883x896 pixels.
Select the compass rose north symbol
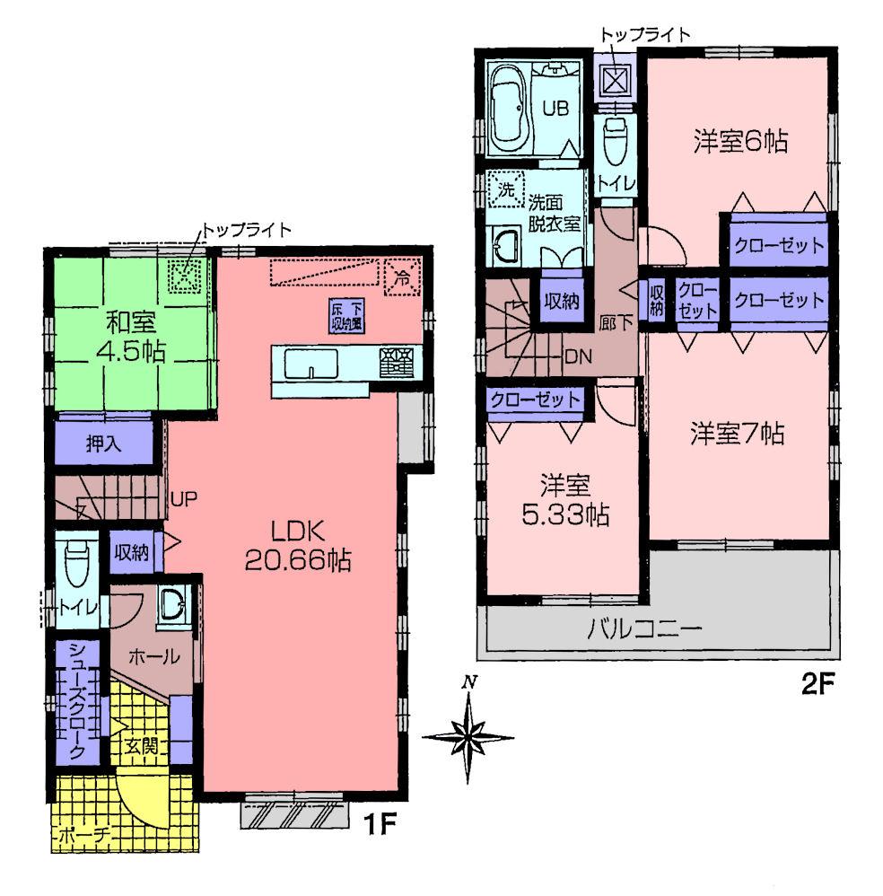click(468, 737)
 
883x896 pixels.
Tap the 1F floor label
click(380, 822)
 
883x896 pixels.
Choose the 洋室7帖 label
click(737, 435)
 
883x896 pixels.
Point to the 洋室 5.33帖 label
click(564, 500)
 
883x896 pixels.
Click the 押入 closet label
click(106, 444)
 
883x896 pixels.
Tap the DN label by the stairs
click(577, 356)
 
